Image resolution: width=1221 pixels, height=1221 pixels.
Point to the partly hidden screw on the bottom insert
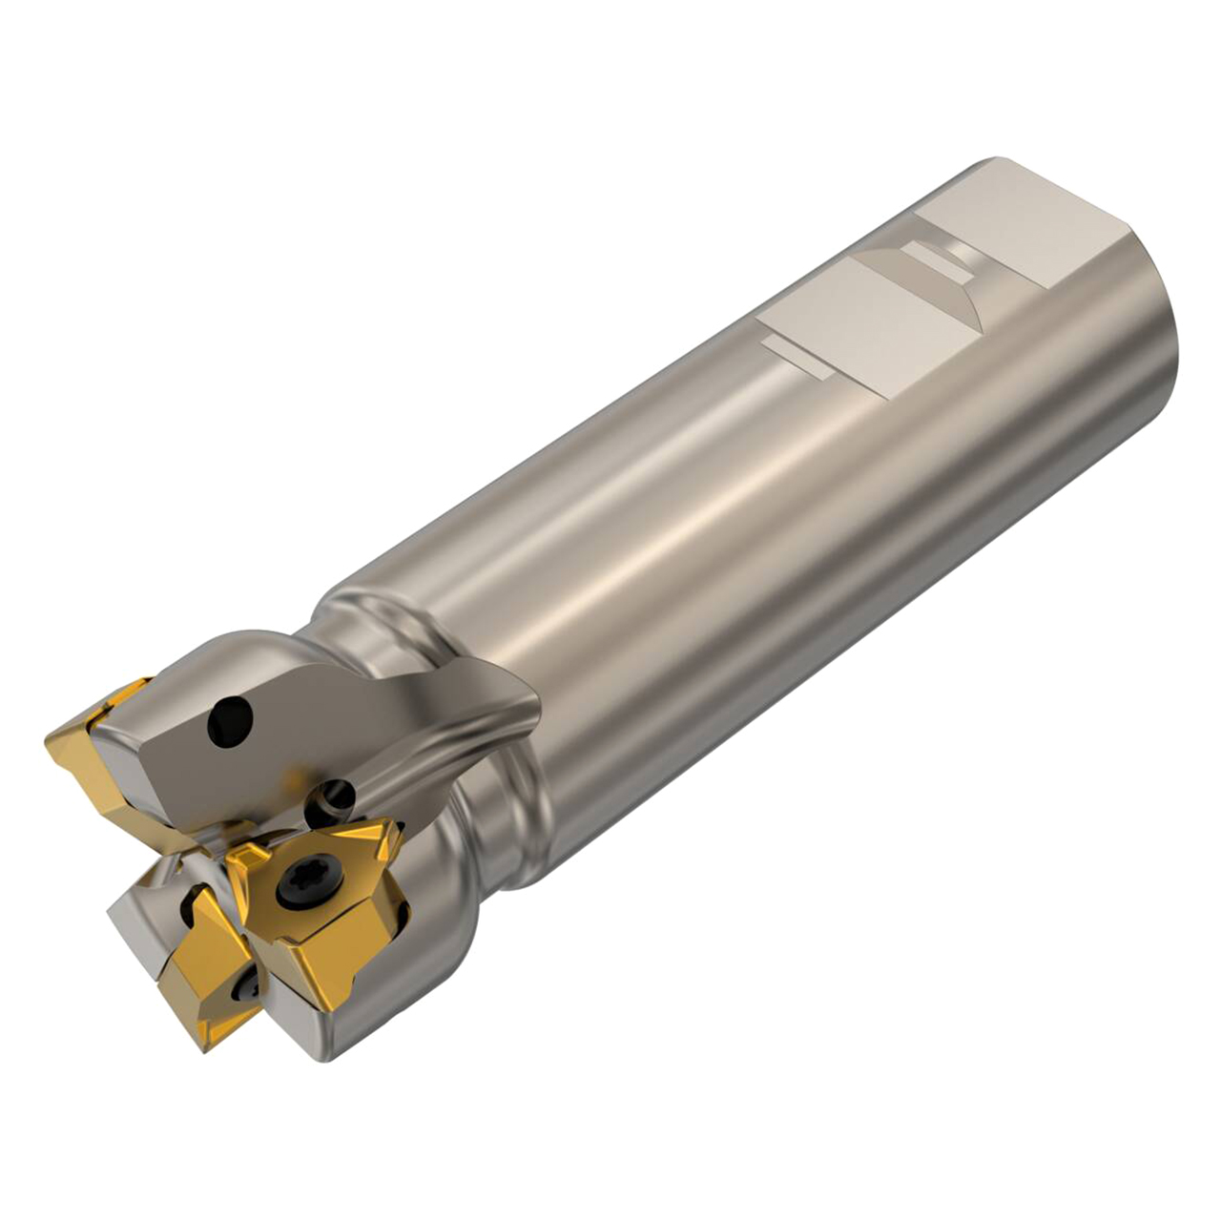(x=250, y=992)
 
